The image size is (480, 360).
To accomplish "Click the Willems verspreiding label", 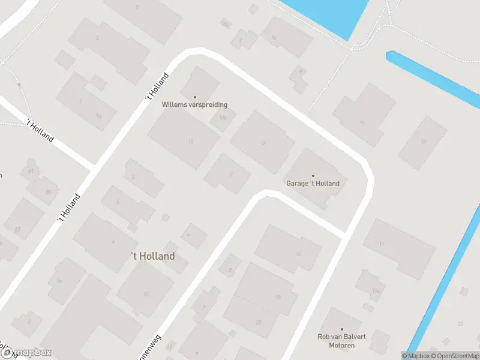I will click(x=194, y=104).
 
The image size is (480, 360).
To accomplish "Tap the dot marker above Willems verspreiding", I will click(x=194, y=97).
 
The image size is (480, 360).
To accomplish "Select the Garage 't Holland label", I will click(x=313, y=184).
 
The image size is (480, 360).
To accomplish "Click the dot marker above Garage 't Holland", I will click(x=313, y=176).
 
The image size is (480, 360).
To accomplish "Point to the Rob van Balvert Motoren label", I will click(x=341, y=341).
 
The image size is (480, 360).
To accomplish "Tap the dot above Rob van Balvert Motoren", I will click(x=341, y=329).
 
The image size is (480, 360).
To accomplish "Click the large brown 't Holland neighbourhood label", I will click(x=153, y=256).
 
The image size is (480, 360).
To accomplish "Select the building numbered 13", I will click(x=423, y=142).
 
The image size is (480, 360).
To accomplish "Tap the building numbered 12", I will click(x=263, y=142).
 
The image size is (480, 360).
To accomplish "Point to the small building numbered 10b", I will click(x=223, y=118).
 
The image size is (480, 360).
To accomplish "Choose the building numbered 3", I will click(x=108, y=48).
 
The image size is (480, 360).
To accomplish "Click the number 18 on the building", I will click(x=277, y=298).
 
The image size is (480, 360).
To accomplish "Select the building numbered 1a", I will click(x=90, y=108).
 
